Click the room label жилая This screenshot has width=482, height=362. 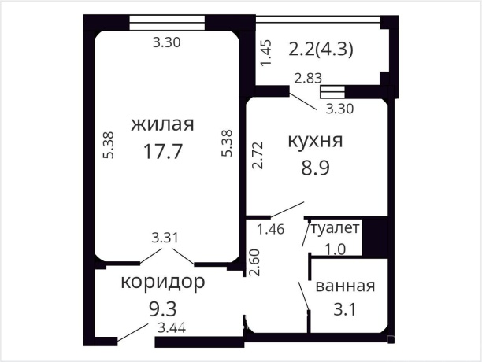point(163,125)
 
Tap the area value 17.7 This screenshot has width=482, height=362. point(163,151)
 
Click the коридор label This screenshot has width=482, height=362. point(163,281)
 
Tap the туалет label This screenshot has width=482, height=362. point(336,229)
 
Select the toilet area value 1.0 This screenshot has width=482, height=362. point(336,249)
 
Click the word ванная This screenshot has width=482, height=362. point(345,286)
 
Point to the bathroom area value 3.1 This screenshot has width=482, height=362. point(345,309)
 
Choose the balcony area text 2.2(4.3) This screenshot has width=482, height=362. point(321,49)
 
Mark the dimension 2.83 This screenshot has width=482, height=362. point(309,78)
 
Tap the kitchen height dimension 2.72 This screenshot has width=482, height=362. point(257,157)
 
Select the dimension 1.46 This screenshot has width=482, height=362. point(272,230)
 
